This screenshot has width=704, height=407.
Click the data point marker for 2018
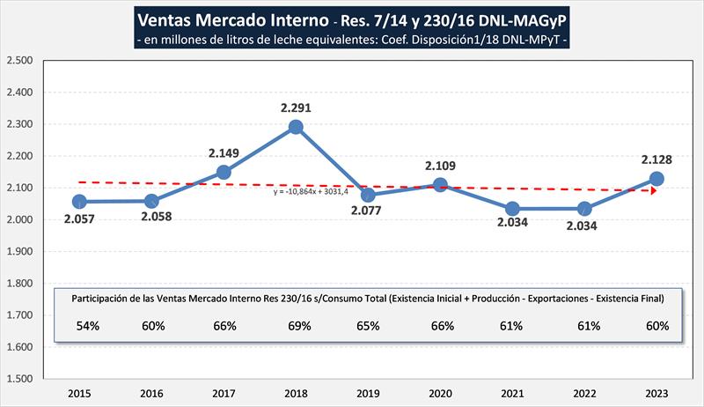pos(296,127)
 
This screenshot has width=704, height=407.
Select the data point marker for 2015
pos(79,202)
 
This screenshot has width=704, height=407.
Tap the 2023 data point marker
pos(656,179)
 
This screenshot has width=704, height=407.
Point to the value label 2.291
pos(296,107)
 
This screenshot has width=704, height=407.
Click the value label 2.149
pos(224,152)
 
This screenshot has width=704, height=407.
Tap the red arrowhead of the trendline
pos(654,190)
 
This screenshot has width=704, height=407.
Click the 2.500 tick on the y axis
pos(19,61)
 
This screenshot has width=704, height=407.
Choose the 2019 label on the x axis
pos(368,392)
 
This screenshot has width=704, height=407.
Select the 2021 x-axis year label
pos(512,392)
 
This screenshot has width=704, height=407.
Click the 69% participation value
pos(296,326)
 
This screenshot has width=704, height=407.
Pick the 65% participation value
pos(368,326)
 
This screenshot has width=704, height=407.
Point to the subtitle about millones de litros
pos(352,41)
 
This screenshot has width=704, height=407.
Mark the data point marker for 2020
pos(440,185)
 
